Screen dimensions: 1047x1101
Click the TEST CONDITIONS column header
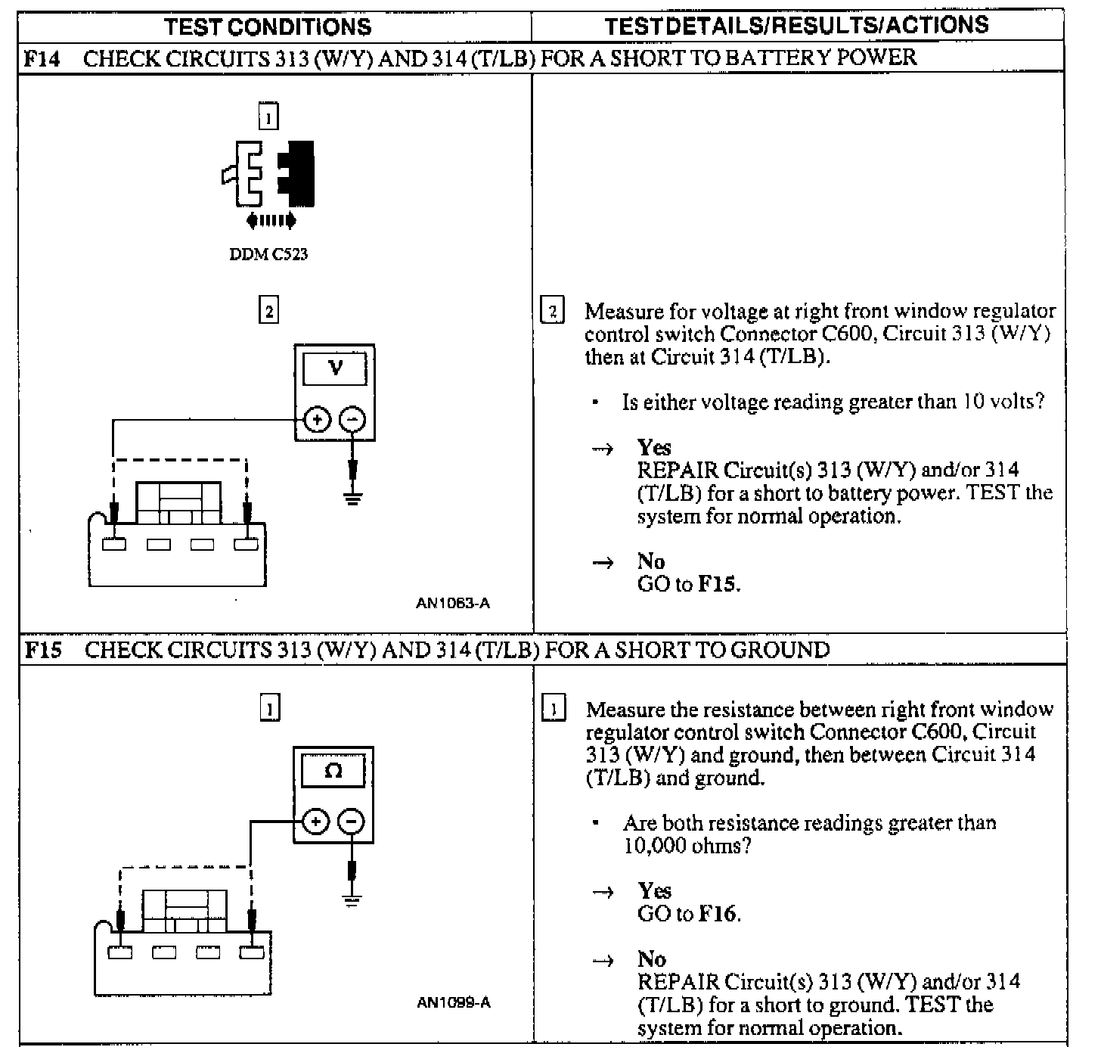tap(268, 27)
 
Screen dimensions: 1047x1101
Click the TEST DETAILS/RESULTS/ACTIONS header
tap(796, 25)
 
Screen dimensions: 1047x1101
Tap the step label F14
tap(42, 58)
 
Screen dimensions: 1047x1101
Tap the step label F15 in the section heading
tap(42, 650)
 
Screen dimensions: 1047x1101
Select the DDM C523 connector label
tap(268, 254)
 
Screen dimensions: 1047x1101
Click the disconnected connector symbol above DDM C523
tap(269, 175)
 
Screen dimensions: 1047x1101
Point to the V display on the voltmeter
tap(335, 368)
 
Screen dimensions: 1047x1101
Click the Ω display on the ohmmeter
tap(333, 771)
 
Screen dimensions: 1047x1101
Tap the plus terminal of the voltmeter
tap(317, 419)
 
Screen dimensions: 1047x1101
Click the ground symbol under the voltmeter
tap(352, 497)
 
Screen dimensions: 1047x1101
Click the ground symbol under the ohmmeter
tap(352, 899)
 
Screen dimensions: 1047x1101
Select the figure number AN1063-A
tap(453, 603)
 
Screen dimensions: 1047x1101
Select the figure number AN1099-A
tap(454, 1003)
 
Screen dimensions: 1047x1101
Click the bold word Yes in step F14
tap(654, 447)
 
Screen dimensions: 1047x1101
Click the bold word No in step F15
tap(652, 959)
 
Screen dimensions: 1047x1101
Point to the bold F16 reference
tap(717, 914)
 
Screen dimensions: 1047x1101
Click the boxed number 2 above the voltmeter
tap(268, 311)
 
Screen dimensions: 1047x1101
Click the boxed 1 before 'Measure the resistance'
tap(554, 710)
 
